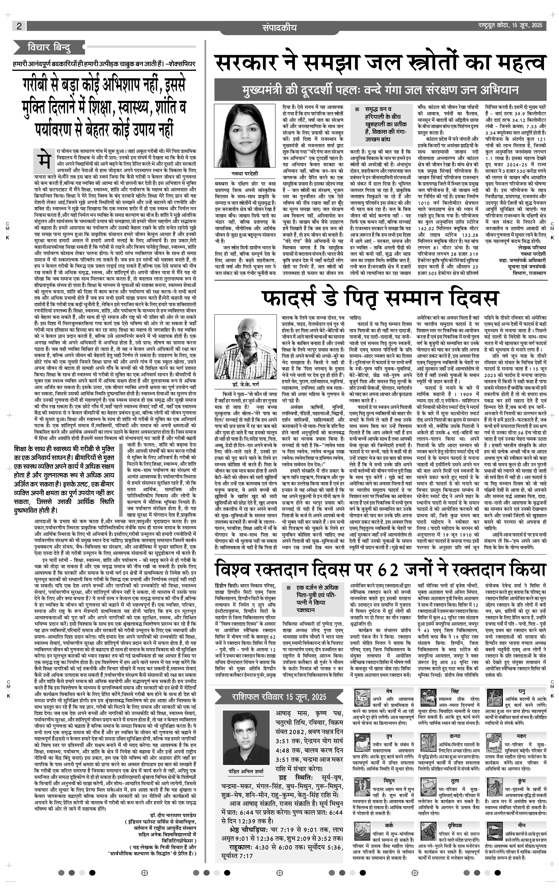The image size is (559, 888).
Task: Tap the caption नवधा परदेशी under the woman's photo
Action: pyautogui.click(x=242, y=173)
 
